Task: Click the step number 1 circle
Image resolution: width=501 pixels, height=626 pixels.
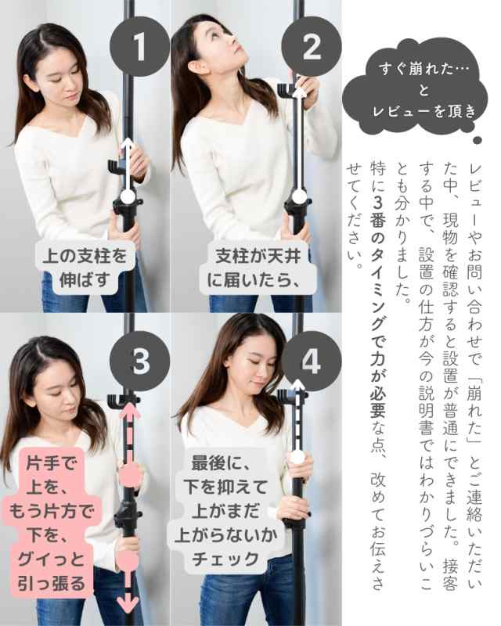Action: tap(140, 49)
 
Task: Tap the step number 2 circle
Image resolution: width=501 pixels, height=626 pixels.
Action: tap(311, 49)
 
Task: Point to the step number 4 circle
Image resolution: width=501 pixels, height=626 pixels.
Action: tap(311, 363)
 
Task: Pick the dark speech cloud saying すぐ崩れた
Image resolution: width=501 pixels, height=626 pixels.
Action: tap(424, 89)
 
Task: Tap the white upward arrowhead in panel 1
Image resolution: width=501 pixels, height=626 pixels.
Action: tap(125, 143)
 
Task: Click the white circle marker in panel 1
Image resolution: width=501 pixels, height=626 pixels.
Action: tap(125, 196)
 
